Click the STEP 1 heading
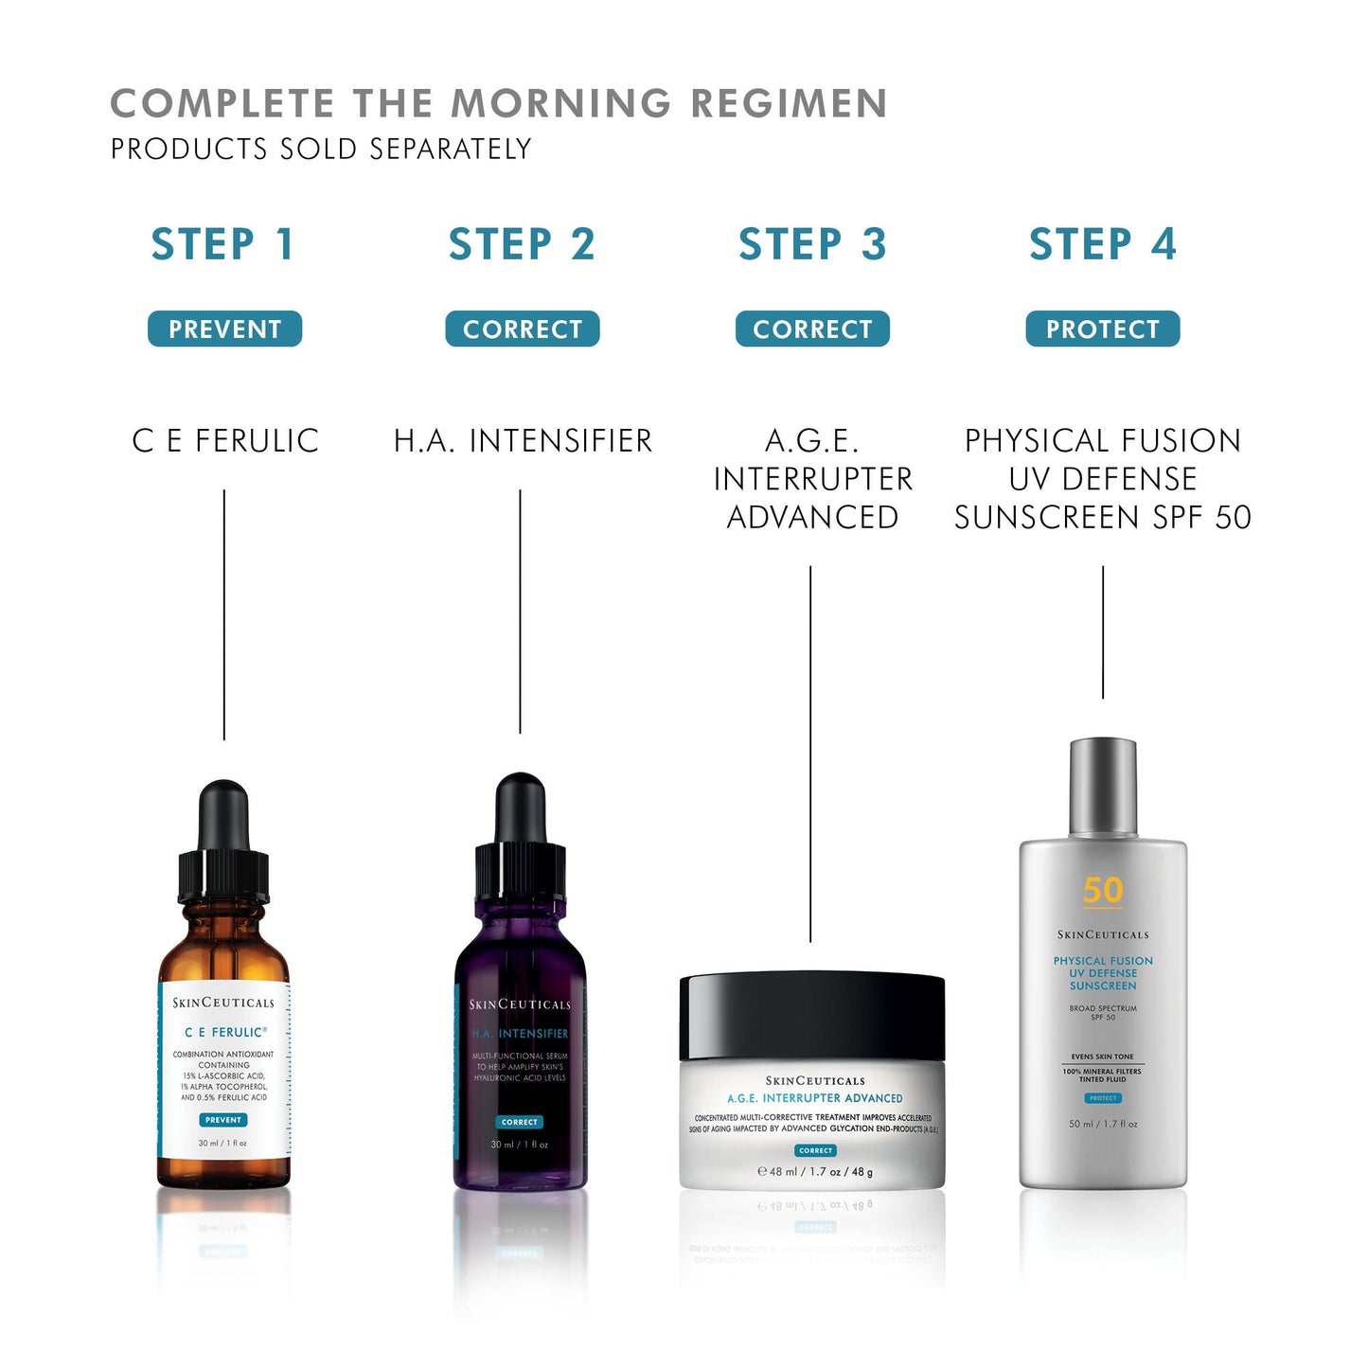click(x=223, y=244)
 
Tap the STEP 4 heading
click(x=1103, y=244)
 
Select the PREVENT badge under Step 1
click(x=224, y=329)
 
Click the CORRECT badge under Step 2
click(x=522, y=329)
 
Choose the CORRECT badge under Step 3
click(x=812, y=329)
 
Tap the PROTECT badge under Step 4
click(x=1103, y=329)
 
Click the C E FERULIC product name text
click(x=225, y=441)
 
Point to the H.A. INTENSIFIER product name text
click(x=523, y=441)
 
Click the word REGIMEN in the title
click(x=789, y=103)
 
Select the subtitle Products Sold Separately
click(x=321, y=150)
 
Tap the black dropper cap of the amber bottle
click(x=223, y=843)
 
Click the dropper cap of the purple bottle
click(x=520, y=838)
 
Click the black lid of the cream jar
click(x=812, y=1016)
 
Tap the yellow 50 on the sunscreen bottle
click(x=1103, y=891)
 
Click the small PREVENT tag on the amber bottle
click(x=223, y=1120)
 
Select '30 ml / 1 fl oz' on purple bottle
click(x=519, y=1145)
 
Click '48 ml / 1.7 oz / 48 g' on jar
click(x=815, y=1172)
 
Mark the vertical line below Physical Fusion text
click(x=1103, y=632)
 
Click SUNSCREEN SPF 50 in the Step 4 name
click(x=1103, y=518)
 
